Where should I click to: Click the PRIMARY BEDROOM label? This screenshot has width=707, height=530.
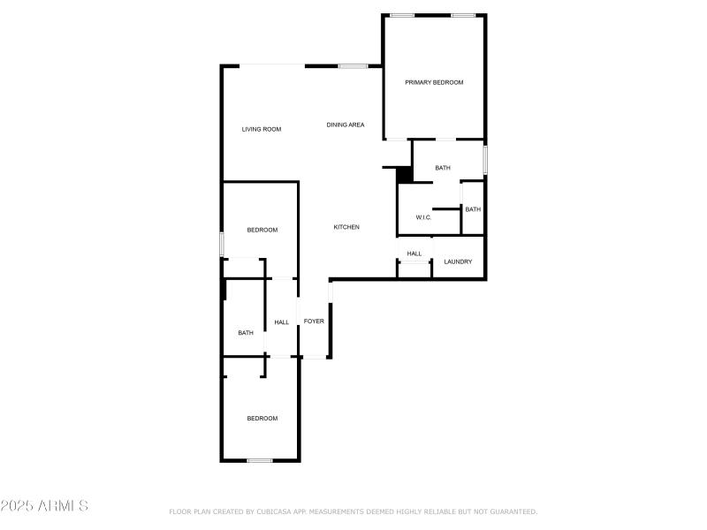(x=434, y=82)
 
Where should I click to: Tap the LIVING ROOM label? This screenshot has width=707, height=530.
(x=262, y=129)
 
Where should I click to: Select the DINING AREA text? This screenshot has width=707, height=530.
(x=346, y=125)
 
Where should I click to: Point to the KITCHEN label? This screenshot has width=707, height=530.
(x=346, y=227)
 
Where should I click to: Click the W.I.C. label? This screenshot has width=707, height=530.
(x=423, y=217)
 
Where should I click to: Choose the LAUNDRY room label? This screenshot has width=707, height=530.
(x=458, y=261)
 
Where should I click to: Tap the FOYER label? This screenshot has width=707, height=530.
(x=314, y=321)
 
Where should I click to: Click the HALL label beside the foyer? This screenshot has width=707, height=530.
(x=282, y=322)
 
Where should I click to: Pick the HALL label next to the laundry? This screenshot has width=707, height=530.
(x=414, y=254)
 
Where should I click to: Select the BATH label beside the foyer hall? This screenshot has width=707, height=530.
(x=246, y=333)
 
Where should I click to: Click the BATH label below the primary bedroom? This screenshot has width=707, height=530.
(x=443, y=168)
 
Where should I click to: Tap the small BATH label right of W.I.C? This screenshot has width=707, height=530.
(x=473, y=209)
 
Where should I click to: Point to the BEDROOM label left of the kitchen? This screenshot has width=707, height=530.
(x=262, y=230)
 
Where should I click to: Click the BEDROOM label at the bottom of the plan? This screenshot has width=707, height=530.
(x=262, y=418)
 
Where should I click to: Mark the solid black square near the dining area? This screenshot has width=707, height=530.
(x=405, y=174)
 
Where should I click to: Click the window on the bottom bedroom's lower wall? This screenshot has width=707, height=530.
(x=259, y=460)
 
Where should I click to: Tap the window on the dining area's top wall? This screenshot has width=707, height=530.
(x=353, y=65)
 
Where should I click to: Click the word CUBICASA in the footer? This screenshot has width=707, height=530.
(x=269, y=511)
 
